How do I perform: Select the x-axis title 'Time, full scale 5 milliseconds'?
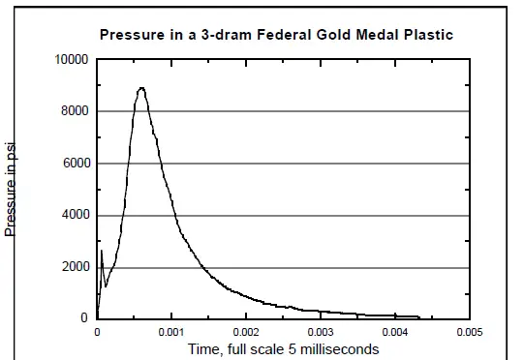pyautogui.click(x=283, y=348)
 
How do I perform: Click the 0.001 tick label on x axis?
pyautogui.click(x=171, y=332)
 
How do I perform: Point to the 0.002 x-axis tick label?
pyautogui.click(x=246, y=332)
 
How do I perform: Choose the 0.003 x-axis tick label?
pyautogui.click(x=321, y=332)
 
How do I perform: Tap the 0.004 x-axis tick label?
pyautogui.click(x=394, y=332)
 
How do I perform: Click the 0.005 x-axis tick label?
pyautogui.click(x=469, y=332)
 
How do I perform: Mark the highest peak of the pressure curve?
pyautogui.click(x=141, y=88)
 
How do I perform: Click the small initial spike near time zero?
pyautogui.click(x=102, y=252)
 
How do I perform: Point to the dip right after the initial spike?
pyautogui.click(x=106, y=285)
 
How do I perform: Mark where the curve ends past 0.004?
pyautogui.click(x=418, y=316)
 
